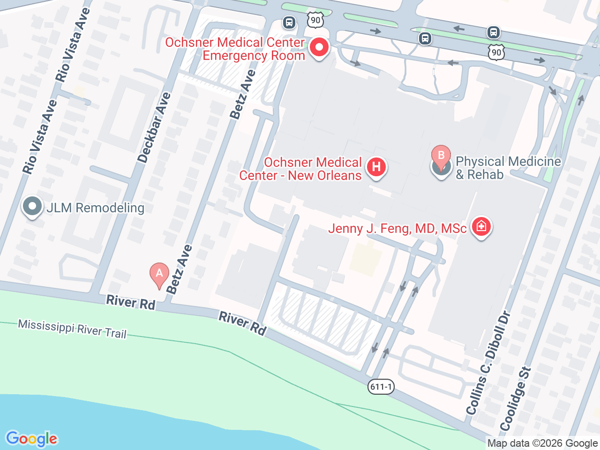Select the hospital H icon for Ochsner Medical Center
(x=376, y=167)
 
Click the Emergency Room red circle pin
(x=319, y=47)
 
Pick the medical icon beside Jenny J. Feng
(x=481, y=227)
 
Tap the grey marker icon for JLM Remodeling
(x=32, y=207)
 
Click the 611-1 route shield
(x=381, y=387)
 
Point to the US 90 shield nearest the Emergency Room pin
(x=315, y=20)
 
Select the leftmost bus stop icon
(x=289, y=22)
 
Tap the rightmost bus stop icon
(x=493, y=32)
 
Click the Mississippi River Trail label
(x=72, y=329)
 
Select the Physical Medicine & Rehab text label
(x=508, y=168)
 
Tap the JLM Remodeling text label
(x=96, y=208)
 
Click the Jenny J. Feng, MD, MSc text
(x=397, y=228)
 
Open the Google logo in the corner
(x=31, y=439)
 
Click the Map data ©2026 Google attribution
(x=542, y=443)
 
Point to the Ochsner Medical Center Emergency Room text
(x=235, y=49)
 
